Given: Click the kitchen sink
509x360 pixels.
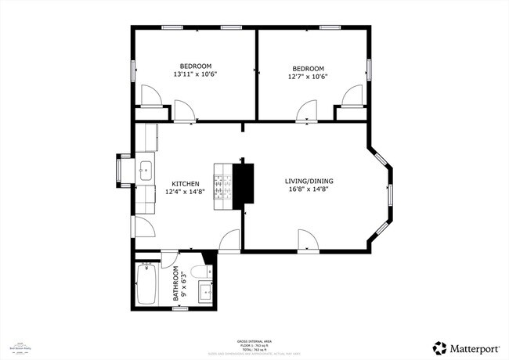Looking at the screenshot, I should point(146,168).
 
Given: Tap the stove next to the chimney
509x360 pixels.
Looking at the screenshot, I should point(224,185).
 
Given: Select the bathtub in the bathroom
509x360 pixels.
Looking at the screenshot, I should point(147,284).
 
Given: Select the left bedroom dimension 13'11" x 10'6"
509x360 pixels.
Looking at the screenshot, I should point(195,75).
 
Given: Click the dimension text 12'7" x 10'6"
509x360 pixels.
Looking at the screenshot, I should point(307,77).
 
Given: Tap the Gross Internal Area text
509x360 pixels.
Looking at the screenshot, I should point(254,341).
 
